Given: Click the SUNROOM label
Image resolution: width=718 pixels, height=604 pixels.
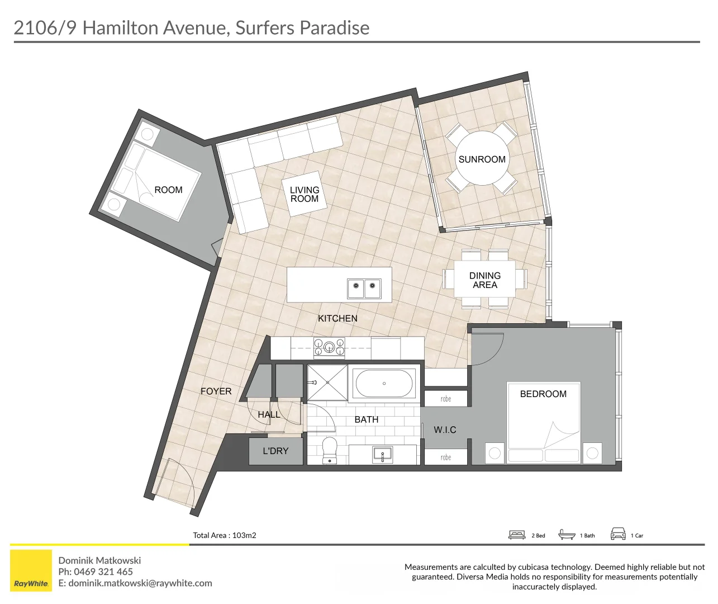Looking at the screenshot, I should pyautogui.click(x=482, y=159).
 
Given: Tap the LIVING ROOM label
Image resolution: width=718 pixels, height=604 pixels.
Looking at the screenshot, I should pyautogui.click(x=305, y=195).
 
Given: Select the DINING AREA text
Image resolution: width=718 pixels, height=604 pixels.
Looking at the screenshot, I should pyautogui.click(x=485, y=280).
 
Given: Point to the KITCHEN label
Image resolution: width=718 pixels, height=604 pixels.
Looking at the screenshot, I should pyautogui.click(x=337, y=319).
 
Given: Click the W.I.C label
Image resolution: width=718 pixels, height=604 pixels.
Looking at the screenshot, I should pyautogui.click(x=445, y=430).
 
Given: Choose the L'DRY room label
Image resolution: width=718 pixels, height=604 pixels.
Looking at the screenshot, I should pyautogui.click(x=275, y=451).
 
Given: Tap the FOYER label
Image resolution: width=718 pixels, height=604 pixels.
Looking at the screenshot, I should pyautogui.click(x=216, y=391).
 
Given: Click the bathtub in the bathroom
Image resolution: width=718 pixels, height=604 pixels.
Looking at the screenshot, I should pyautogui.click(x=384, y=384).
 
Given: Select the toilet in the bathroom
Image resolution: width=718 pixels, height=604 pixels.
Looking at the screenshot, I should pyautogui.click(x=330, y=450).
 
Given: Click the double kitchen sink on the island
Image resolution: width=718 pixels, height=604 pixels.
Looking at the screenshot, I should pyautogui.click(x=364, y=289).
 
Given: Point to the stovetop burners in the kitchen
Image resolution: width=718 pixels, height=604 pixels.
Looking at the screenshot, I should pyautogui.click(x=329, y=347).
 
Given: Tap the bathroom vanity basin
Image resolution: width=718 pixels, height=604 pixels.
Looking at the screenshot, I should pyautogui.click(x=383, y=454).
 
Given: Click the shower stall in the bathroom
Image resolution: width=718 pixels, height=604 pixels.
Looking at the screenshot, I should pyautogui.click(x=327, y=383).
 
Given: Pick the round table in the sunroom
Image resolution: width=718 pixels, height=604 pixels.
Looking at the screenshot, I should pyautogui.click(x=482, y=159).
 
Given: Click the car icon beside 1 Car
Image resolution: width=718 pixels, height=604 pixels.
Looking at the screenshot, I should pyautogui.click(x=618, y=534).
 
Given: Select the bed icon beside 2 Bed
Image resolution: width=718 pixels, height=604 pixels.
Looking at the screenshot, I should pyautogui.click(x=517, y=535).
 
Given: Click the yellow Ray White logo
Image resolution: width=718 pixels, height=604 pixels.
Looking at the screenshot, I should pyautogui.click(x=31, y=570).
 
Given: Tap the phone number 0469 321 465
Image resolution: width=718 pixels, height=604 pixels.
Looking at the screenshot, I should pyautogui.click(x=103, y=572).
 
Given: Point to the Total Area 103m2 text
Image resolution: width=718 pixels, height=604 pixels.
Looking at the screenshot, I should pyautogui.click(x=225, y=535).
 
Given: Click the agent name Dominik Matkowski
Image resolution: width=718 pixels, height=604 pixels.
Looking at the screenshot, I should pyautogui.click(x=99, y=560).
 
